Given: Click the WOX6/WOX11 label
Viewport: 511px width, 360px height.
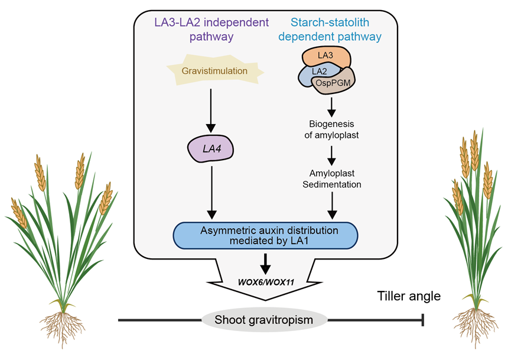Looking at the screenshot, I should click(x=266, y=281).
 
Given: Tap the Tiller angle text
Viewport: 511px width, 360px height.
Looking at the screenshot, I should click(x=409, y=296).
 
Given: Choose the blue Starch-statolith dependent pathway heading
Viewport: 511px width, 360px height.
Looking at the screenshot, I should click(x=336, y=30).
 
